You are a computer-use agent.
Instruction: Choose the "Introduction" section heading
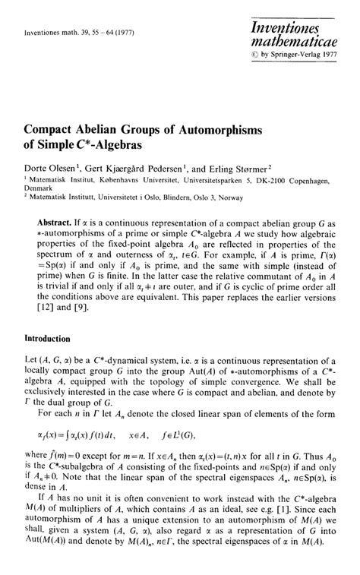(49, 338)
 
